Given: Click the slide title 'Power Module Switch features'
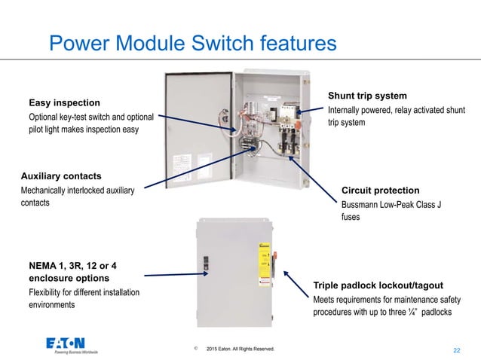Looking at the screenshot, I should pos(192,44).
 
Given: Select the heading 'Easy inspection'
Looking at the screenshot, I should pos(64,102).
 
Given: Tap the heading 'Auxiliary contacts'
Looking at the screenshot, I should pos(60,176).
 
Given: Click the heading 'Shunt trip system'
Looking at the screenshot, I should pos(367,96).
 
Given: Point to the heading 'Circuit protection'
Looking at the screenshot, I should pos(380,190).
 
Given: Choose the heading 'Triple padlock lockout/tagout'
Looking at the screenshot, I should pos(378,285).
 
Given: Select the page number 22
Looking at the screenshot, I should pos(456,349).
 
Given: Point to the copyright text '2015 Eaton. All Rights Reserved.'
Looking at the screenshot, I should pos(240,349).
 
